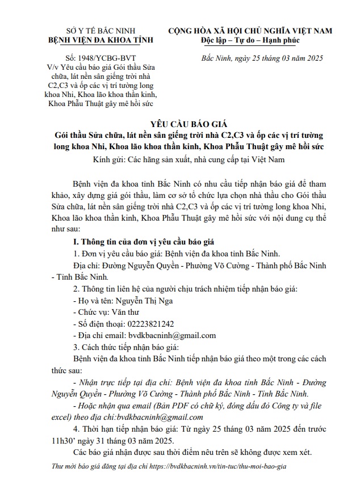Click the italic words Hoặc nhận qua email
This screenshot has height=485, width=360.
click(x=114, y=405)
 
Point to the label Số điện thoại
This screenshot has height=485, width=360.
click(x=98, y=324)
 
